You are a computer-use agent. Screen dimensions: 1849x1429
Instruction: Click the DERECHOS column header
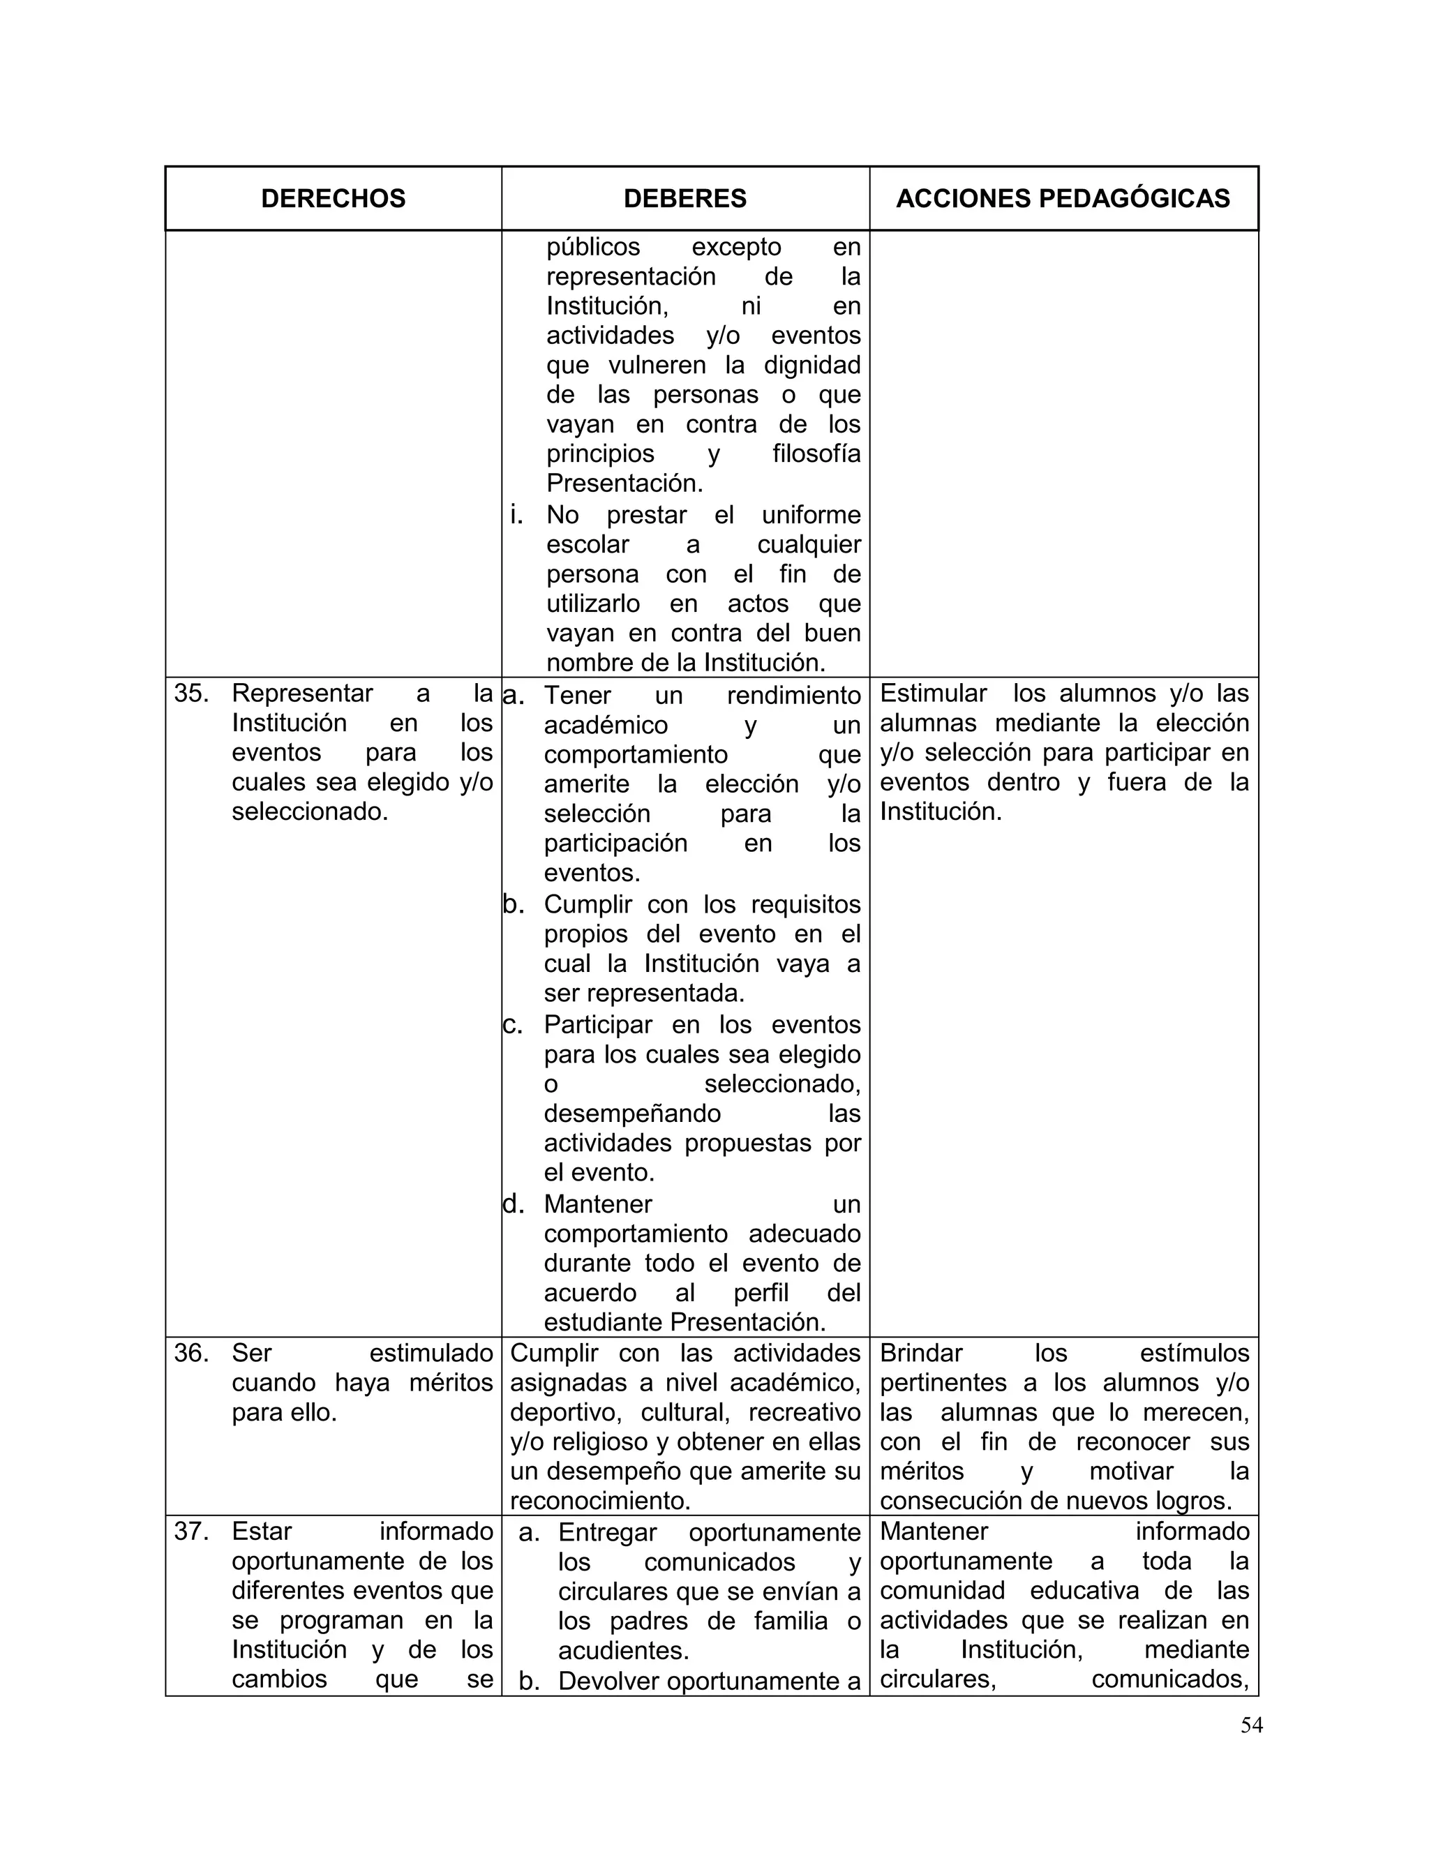[333, 198]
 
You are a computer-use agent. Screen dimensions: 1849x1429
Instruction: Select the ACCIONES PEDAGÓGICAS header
[1063, 198]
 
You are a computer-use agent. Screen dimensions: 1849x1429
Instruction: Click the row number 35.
[191, 694]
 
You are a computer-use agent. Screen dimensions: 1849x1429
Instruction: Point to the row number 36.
[191, 1353]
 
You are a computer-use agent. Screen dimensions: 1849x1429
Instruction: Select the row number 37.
[191, 1531]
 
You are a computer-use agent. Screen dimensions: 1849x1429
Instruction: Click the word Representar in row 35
[302, 694]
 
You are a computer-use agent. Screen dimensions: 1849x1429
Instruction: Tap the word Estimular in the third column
[933, 694]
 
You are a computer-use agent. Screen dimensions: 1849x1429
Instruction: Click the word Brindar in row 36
[921, 1353]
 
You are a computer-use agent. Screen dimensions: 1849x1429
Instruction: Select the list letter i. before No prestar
[516, 515]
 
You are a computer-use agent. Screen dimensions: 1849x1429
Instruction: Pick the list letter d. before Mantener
[514, 1204]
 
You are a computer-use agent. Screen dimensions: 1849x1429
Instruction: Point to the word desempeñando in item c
[631, 1114]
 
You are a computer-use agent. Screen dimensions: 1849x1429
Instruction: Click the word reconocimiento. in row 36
[600, 1501]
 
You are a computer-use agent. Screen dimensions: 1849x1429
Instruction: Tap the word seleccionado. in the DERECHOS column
[310, 812]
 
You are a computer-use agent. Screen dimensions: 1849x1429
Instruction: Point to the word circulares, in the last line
[937, 1679]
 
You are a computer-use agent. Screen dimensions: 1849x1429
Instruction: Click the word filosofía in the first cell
[816, 454]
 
